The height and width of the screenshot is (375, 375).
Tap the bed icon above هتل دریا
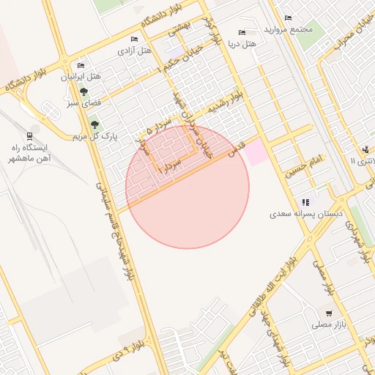(x=242, y=32)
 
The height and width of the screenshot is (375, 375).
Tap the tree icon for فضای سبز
(x=83, y=92)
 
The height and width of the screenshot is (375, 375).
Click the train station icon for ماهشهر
(x=29, y=135)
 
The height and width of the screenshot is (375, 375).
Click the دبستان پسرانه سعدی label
(x=292, y=215)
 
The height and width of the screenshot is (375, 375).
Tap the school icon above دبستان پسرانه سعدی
(x=305, y=202)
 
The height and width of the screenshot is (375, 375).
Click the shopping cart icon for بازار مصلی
(x=328, y=313)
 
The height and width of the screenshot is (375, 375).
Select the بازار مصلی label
(x=329, y=324)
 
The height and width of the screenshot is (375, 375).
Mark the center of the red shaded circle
(x=187, y=187)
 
